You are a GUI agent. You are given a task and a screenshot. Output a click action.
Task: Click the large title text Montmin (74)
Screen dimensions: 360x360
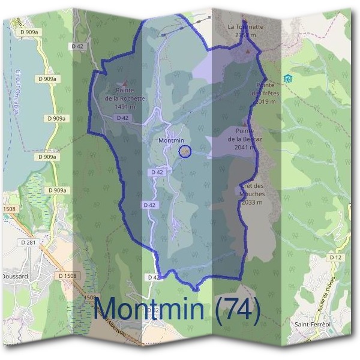178,309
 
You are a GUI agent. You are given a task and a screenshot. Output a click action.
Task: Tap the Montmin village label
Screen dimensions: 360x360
172,140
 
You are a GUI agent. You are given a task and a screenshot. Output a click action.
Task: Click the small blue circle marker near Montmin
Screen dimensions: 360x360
185,152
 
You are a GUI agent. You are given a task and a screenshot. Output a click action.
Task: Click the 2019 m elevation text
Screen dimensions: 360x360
265,101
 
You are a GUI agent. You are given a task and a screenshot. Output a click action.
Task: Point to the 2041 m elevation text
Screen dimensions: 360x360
246,147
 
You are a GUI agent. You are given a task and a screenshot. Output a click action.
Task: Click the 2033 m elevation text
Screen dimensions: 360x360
252,202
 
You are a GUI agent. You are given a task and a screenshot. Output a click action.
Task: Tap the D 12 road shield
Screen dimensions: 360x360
335,257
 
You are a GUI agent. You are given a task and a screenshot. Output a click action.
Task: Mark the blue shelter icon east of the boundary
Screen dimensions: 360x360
287,78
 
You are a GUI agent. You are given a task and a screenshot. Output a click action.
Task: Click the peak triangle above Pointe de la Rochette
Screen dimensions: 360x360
125,84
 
